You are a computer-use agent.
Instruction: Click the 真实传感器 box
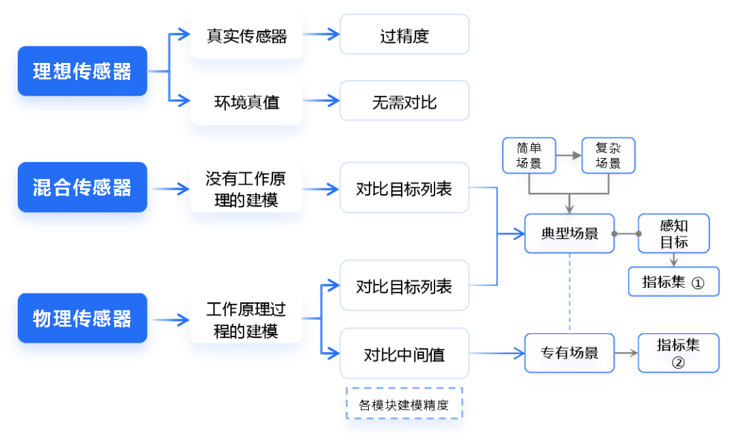tap(246, 36)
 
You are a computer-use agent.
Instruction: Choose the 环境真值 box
tap(246, 102)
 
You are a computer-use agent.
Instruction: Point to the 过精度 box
tap(404, 36)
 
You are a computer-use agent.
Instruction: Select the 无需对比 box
tap(404, 102)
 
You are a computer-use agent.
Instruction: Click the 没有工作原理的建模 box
tap(246, 189)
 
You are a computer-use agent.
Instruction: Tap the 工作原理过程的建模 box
tap(246, 320)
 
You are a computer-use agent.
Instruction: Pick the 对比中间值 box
tap(404, 354)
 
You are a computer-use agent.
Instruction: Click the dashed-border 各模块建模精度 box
tap(404, 404)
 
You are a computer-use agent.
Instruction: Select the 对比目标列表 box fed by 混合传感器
tap(404, 189)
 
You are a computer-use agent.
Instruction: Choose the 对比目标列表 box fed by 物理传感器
tap(404, 286)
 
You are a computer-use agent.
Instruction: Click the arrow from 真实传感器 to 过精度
tap(321, 34)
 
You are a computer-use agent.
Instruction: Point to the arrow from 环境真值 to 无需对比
tap(321, 101)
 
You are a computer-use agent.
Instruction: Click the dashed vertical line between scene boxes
tap(569, 294)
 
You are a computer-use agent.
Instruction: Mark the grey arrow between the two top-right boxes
tap(568, 156)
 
